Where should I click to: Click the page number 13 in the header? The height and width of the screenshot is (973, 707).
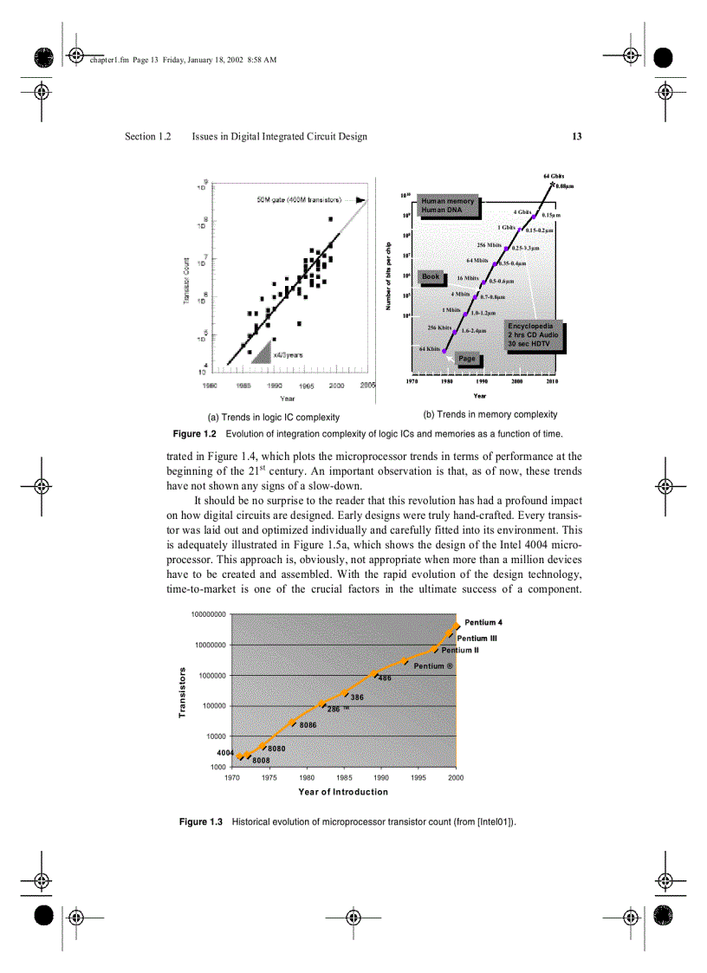coord(576,136)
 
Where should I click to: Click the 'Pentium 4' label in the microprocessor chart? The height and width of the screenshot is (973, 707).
coord(483,622)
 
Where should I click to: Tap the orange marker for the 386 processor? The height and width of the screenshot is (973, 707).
coord(345,693)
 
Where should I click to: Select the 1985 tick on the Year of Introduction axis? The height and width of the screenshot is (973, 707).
coord(344,777)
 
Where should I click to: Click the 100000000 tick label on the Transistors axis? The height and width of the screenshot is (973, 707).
coord(208,614)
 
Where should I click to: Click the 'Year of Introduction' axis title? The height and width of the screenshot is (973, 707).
coord(343,792)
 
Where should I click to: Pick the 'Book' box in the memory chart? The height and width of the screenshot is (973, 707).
coord(431,276)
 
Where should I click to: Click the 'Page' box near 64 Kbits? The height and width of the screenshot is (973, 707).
coord(467,359)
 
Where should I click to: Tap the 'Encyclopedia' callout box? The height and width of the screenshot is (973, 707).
coord(534,335)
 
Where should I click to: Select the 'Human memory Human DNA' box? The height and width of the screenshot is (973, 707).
coord(447,205)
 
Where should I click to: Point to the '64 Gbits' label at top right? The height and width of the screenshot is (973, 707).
coord(554,176)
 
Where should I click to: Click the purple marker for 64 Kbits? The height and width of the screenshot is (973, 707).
coord(445,351)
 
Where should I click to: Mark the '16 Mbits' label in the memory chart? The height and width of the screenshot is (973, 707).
coord(468,278)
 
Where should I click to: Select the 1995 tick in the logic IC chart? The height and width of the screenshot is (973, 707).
coord(306,385)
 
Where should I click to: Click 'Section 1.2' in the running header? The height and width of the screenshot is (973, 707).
coord(148,136)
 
